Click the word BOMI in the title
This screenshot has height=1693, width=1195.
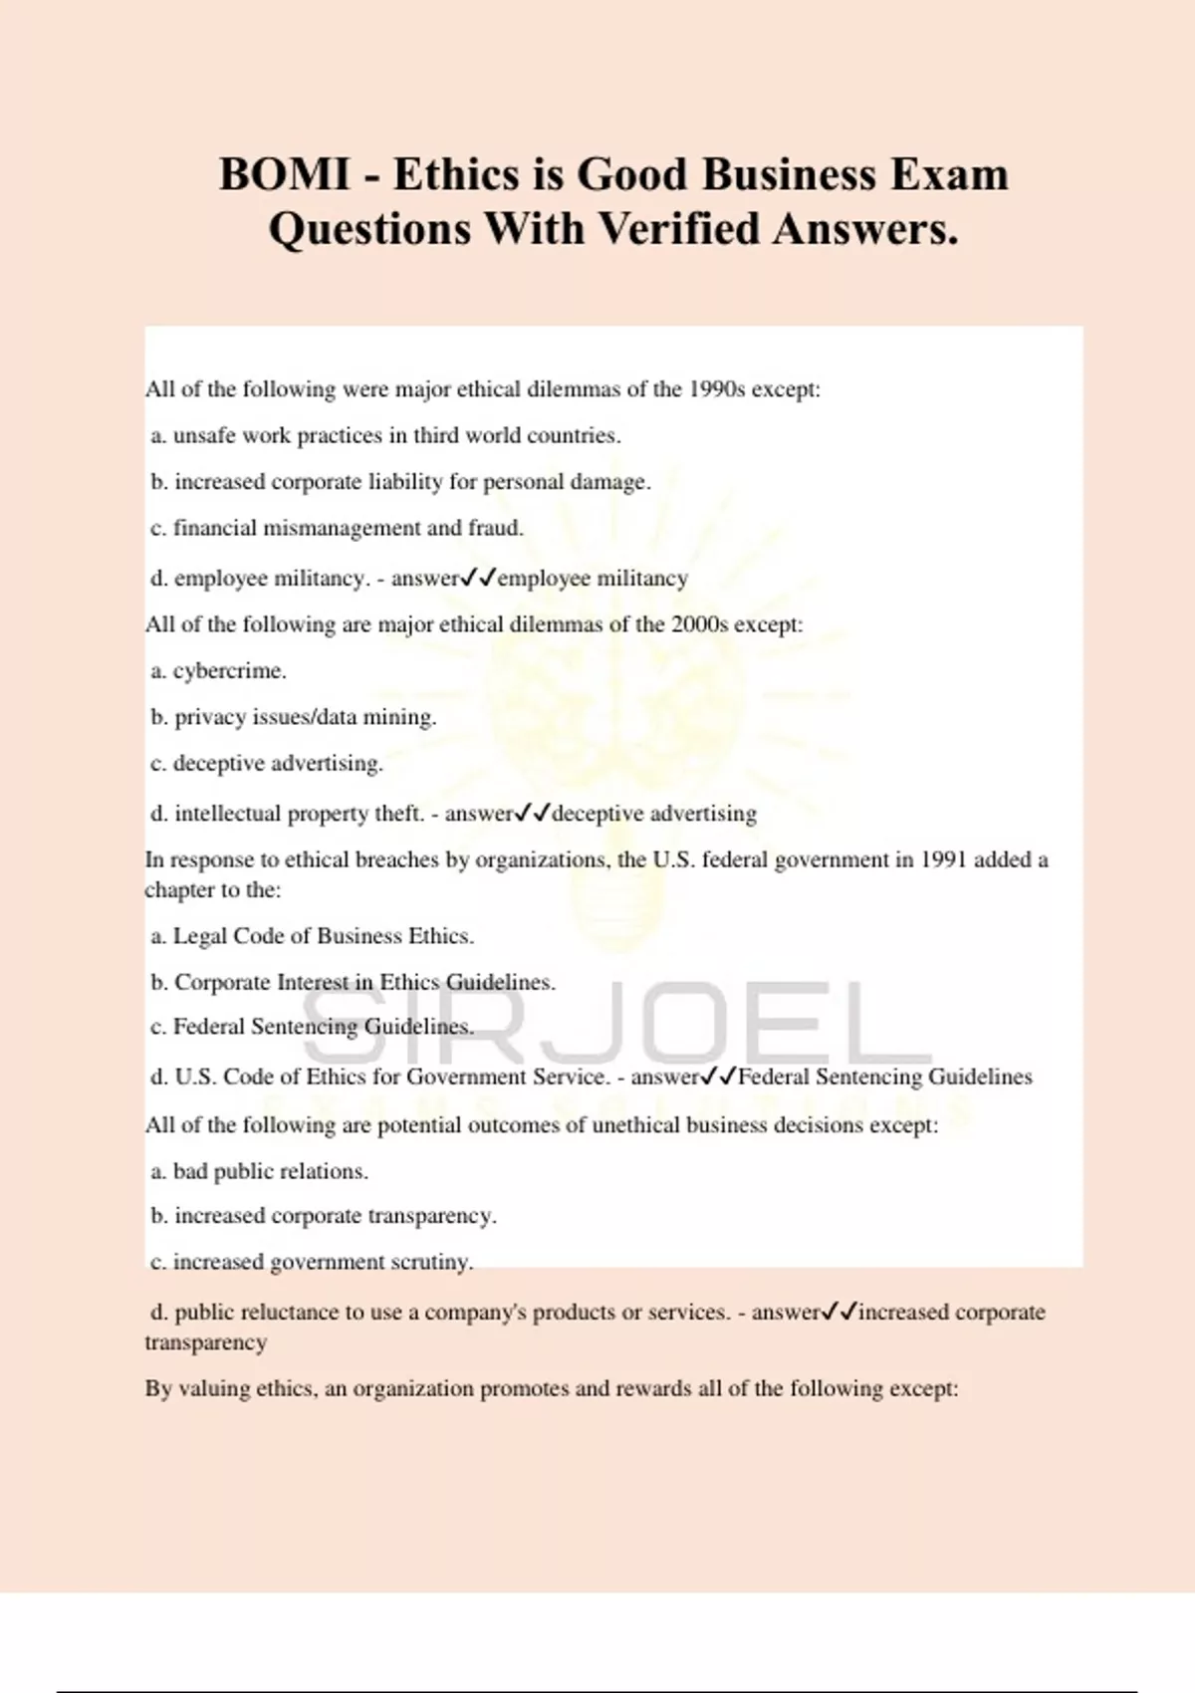tap(284, 175)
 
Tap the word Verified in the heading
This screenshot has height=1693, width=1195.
tap(678, 229)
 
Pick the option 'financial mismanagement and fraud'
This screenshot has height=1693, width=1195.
tap(338, 528)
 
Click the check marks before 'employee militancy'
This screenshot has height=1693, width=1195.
tap(479, 578)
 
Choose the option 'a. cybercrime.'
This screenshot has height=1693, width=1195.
tap(219, 671)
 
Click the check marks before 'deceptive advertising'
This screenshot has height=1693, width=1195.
tap(534, 813)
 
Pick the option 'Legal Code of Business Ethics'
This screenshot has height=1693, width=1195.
tap(313, 936)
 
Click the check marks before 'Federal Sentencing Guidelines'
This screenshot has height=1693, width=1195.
tap(719, 1077)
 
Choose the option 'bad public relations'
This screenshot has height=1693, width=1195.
tap(260, 1171)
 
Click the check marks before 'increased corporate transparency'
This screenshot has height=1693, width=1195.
tap(839, 1312)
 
